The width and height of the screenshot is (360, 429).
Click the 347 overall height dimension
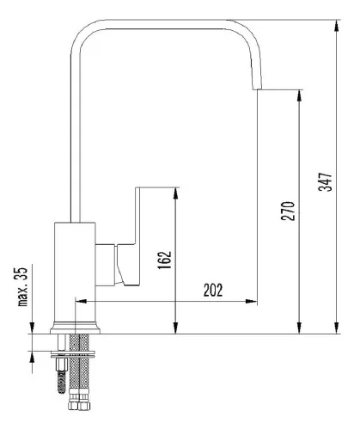tap(326, 181)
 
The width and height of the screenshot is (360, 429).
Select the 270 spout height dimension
tap(288, 211)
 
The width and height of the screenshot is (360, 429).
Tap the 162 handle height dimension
tap(165, 260)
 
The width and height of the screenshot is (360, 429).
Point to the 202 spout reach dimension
tap(213, 290)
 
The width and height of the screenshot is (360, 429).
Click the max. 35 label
tap(23, 287)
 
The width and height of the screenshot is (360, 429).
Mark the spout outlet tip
tap(257, 89)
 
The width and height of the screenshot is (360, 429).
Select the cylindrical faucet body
tap(75, 272)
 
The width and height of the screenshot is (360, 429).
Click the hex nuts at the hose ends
tap(80, 405)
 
